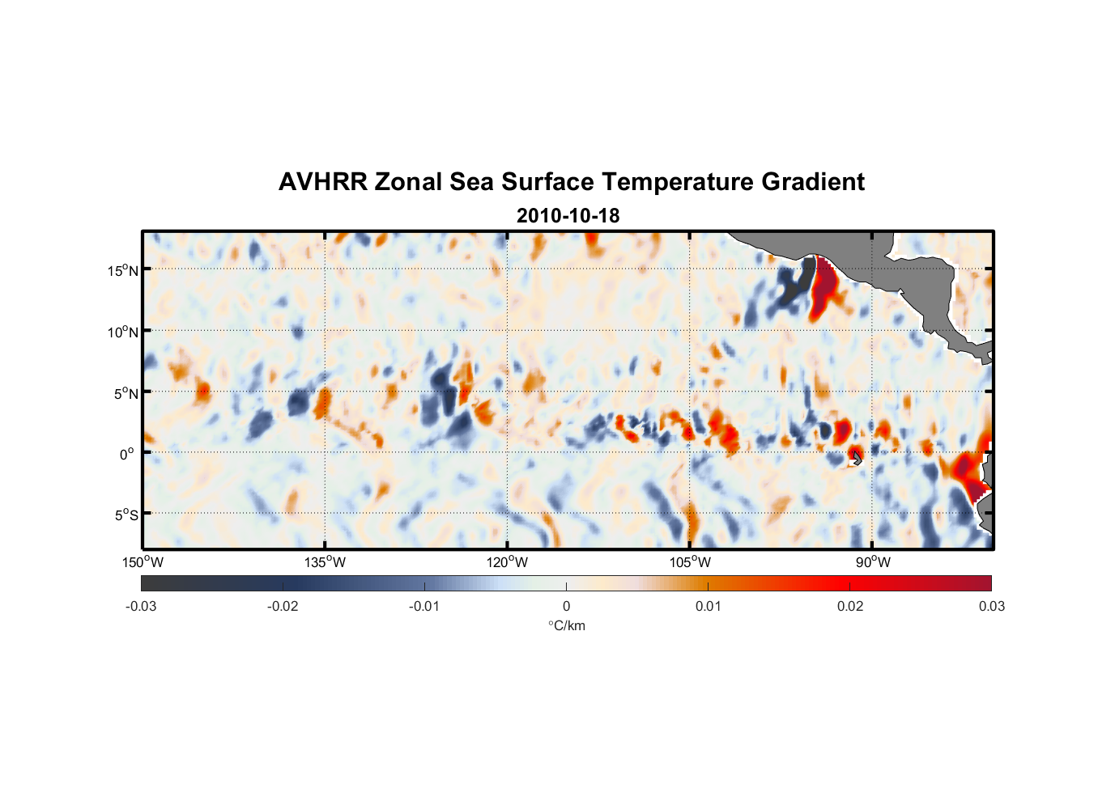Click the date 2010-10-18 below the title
tap(568, 216)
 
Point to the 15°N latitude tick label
tap(123, 270)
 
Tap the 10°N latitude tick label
tap(123, 332)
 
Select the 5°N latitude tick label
tap(126, 393)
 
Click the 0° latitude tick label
tap(127, 454)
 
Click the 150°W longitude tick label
tap(143, 562)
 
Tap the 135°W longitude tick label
tap(325, 562)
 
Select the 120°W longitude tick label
tap(507, 562)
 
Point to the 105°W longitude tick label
tap(690, 562)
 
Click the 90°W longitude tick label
tap(873, 562)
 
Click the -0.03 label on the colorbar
tap(141, 606)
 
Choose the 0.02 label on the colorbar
tap(850, 606)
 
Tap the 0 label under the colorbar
tap(566, 606)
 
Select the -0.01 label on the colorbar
tap(424, 606)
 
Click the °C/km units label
tap(567, 625)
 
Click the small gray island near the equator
tap(856, 458)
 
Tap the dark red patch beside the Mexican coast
tap(824, 287)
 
